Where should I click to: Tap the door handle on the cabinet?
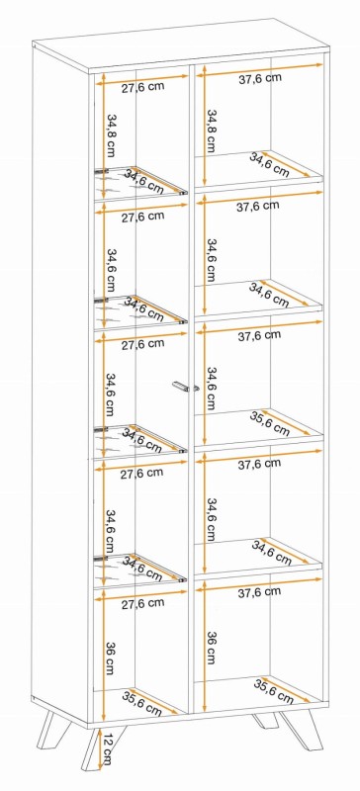coord(185,387)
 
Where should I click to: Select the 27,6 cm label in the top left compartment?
coord(142,87)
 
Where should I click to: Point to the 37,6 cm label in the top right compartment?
coord(260,78)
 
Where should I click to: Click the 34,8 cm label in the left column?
coord(111,136)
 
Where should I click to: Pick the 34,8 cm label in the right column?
coord(211,132)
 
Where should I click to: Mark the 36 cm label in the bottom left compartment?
coord(110,659)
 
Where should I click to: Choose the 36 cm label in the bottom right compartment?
coord(211,648)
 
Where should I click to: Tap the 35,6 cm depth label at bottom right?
coord(273,691)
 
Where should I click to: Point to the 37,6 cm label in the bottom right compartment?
coord(259,592)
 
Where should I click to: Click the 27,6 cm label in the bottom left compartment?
coord(142,603)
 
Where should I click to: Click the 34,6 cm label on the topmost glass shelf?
coord(144,182)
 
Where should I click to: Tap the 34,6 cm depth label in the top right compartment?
coord(269,165)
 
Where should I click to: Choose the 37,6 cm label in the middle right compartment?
coord(259,335)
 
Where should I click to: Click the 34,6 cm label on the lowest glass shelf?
coord(143,568)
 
